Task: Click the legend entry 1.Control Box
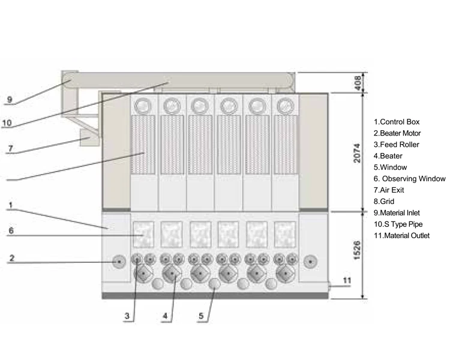click(x=397, y=122)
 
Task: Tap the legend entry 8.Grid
click(x=384, y=202)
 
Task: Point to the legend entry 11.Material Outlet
click(x=401, y=236)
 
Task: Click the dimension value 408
click(x=358, y=82)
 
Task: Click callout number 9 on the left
click(x=9, y=100)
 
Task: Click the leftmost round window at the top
click(x=144, y=106)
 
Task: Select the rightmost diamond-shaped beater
click(x=285, y=275)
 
